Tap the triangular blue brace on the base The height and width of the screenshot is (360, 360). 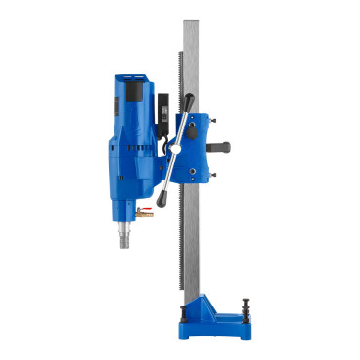(203, 293)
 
